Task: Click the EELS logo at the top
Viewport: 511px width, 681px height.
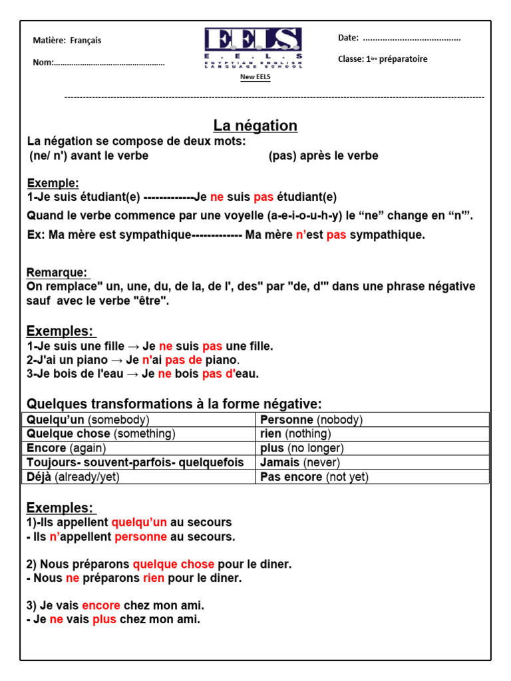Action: [x=253, y=47]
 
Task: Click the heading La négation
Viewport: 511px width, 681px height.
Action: [x=255, y=126]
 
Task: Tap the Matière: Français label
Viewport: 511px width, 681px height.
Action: [x=67, y=41]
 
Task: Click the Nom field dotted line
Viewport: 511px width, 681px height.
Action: [x=109, y=63]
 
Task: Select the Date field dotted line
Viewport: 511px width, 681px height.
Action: [x=411, y=38]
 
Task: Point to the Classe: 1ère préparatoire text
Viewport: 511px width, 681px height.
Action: [x=383, y=59]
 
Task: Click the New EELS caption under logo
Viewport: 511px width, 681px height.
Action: [x=255, y=76]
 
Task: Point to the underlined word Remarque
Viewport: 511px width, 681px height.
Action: [x=57, y=273]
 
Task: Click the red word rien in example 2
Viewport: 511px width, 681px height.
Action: [x=153, y=579]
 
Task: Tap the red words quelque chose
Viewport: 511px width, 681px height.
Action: [x=173, y=565]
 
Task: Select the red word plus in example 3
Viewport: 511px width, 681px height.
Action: [x=104, y=620]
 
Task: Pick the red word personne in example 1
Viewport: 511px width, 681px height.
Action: [x=137, y=537]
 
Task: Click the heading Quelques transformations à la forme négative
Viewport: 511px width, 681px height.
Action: [x=174, y=404]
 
